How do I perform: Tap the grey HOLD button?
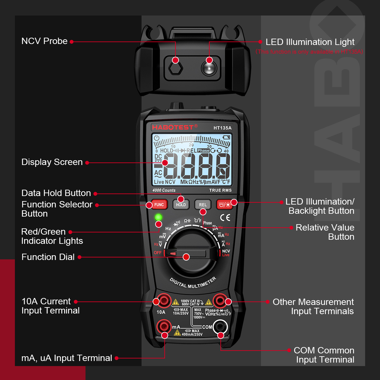point(181,205)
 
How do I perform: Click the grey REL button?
point(203,205)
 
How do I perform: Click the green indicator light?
point(158,217)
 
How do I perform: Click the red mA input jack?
point(164,326)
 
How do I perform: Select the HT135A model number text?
point(222,128)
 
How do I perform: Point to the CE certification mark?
point(225,218)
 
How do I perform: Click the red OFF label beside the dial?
point(157,253)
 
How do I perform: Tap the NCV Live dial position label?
point(226,253)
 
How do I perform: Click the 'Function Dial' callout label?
point(48,257)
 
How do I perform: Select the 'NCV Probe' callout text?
point(44,41)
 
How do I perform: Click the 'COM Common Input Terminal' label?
point(324,355)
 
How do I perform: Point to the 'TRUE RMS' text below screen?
point(220,190)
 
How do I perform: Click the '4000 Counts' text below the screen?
point(164,190)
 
